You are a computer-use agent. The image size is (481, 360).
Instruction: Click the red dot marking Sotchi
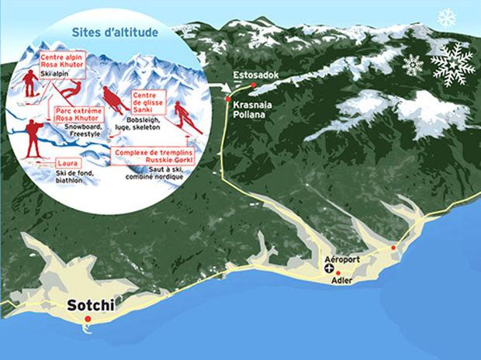[x=88, y=319]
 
